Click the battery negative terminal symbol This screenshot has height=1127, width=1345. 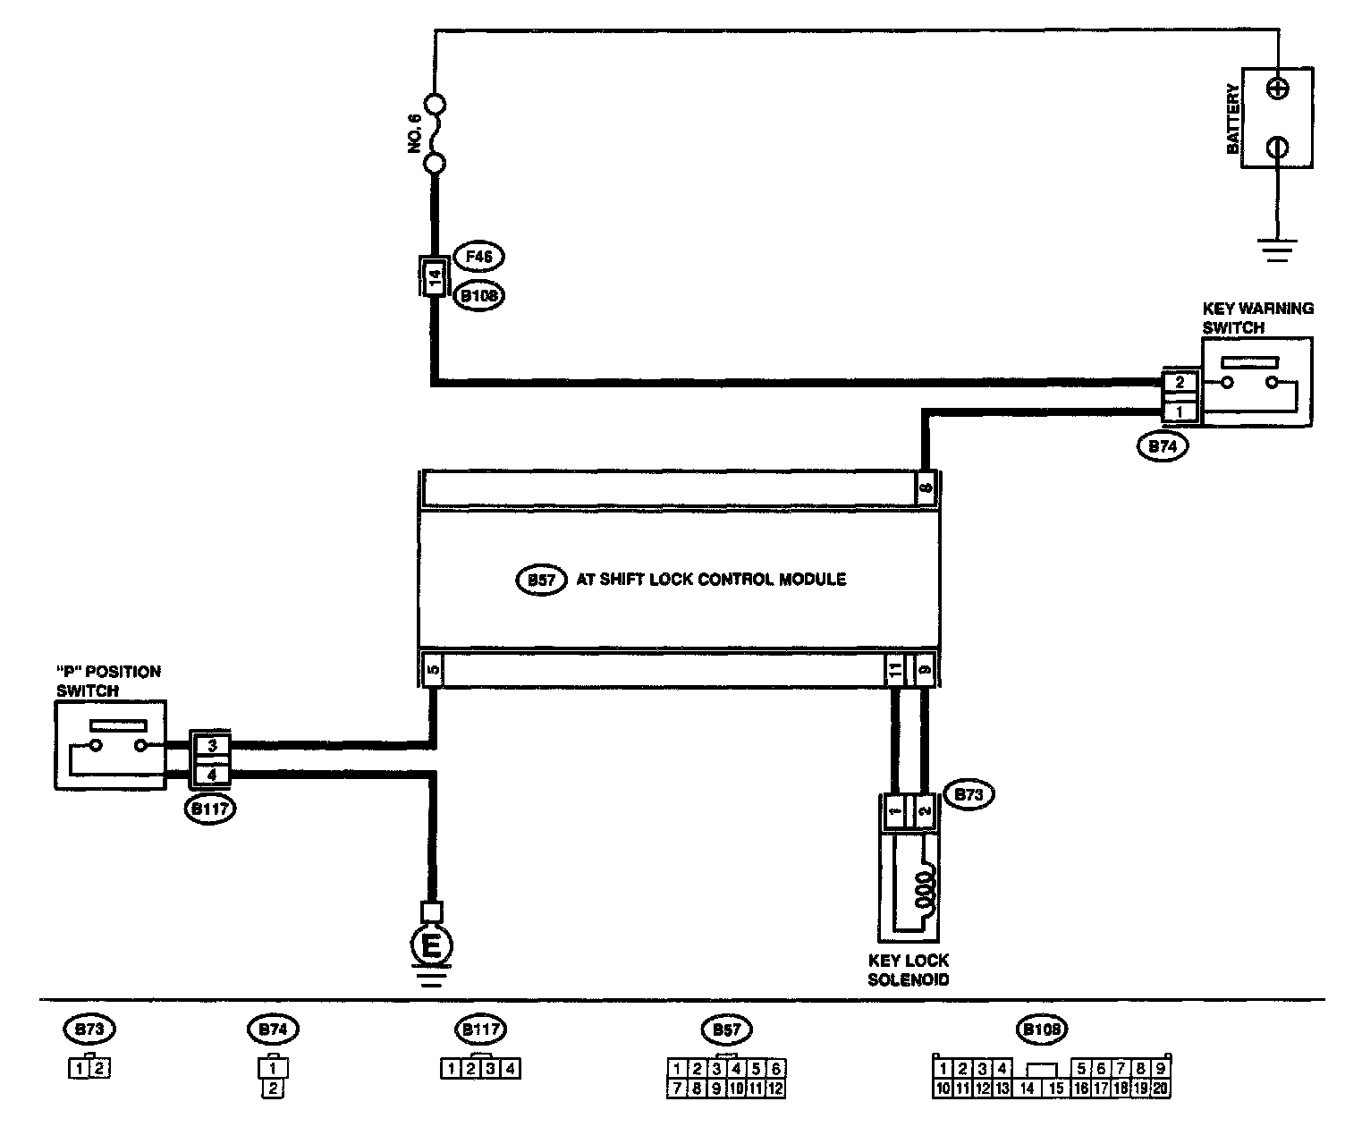[1279, 147]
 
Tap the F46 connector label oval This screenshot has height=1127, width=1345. [479, 257]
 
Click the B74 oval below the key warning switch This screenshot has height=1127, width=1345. [1163, 446]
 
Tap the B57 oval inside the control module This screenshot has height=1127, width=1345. [541, 580]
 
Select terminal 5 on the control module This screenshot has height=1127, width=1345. [433, 668]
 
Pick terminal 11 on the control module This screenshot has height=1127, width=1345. [893, 668]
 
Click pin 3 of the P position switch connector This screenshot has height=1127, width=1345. [212, 745]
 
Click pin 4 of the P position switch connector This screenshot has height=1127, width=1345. [212, 774]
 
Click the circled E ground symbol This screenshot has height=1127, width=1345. [432, 946]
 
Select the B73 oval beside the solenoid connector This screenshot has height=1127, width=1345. [969, 794]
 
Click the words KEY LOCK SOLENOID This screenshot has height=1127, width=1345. [909, 970]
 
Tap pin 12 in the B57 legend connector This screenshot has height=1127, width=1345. [775, 1089]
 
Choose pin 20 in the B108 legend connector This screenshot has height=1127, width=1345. [1160, 1089]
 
